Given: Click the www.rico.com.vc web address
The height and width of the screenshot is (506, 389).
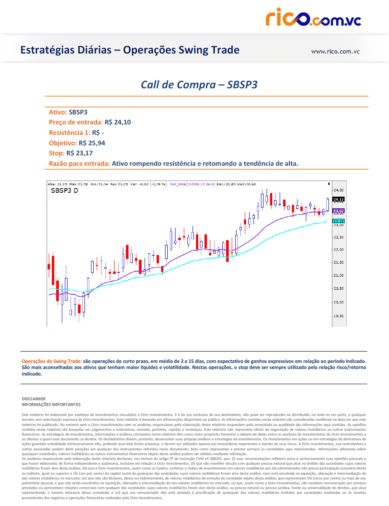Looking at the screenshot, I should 335,51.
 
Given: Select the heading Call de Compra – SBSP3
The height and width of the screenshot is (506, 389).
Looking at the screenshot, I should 199,84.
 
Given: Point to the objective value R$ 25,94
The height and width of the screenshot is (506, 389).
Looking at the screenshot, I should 92,143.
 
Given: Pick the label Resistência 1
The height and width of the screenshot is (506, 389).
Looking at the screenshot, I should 69,132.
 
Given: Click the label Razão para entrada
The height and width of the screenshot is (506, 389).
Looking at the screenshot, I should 79,164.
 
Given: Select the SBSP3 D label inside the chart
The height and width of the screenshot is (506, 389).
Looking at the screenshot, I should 65,191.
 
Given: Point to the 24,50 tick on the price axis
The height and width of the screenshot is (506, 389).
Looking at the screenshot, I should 338,190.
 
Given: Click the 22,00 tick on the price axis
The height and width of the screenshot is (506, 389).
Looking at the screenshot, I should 338,250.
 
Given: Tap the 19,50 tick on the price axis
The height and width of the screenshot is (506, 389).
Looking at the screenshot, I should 338,316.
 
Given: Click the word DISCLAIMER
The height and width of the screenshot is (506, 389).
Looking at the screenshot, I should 34,399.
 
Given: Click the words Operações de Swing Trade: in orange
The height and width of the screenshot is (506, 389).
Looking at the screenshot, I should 51,361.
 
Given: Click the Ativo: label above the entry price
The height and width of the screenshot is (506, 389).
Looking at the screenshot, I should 58,112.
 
